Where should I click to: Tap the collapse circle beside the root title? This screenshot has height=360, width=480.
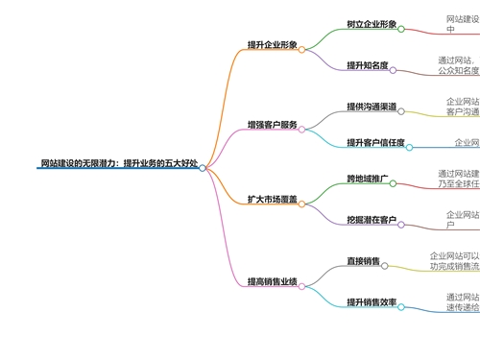pos(203,168)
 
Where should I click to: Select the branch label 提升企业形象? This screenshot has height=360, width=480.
pos(273,45)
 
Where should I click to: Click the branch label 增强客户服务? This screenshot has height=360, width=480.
pos(273,125)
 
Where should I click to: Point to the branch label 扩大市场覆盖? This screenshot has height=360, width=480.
pos(273,200)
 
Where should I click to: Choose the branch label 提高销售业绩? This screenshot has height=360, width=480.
pos(273,281)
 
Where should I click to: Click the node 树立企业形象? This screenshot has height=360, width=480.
pos(371,24)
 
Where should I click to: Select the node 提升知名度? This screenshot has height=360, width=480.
pos(367,65)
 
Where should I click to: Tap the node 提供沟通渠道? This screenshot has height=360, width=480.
pos(371,107)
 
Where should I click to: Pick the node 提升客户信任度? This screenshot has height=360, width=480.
pos(374,143)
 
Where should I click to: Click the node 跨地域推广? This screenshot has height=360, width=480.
pos(367,180)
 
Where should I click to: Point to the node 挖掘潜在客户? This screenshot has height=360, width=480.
pos(371,220)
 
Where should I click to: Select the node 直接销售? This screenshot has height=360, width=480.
pos(363,261)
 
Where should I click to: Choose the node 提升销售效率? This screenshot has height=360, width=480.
pos(371,302)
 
